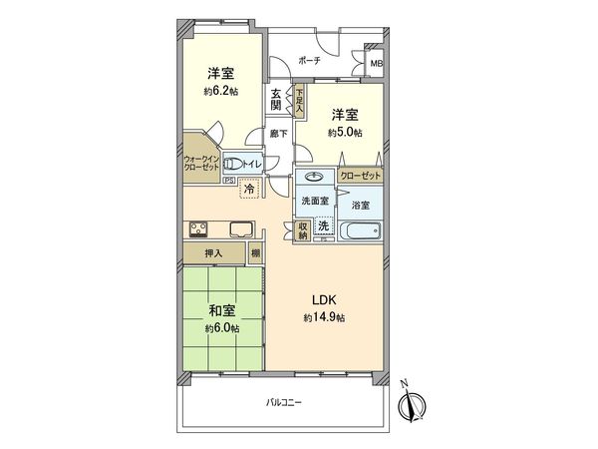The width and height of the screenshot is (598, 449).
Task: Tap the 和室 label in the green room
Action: click(x=221, y=310)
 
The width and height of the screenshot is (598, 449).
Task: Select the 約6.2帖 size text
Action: click(x=220, y=91)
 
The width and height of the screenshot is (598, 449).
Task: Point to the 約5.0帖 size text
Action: click(x=345, y=132)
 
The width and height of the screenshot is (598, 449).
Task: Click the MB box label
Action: click(x=376, y=65)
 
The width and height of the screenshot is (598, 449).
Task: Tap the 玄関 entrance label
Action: click(x=274, y=101)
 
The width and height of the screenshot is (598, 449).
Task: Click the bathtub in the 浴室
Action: click(x=359, y=232)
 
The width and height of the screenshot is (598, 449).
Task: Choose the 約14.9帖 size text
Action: click(x=325, y=317)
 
